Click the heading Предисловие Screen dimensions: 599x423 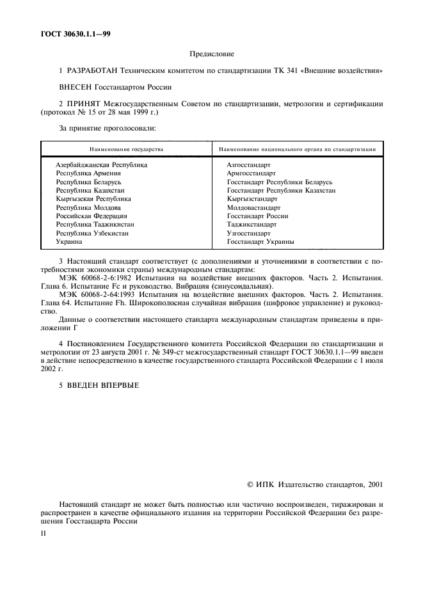click(x=211, y=54)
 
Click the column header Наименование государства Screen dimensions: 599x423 click(x=126, y=149)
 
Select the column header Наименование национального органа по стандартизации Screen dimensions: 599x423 click(x=297, y=149)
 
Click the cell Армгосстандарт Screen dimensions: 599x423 click(x=251, y=173)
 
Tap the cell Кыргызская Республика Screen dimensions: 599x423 click(x=93, y=199)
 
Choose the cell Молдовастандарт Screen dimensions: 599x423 click(x=253, y=208)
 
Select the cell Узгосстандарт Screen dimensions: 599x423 click(x=248, y=234)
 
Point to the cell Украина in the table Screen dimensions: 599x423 click(x=69, y=242)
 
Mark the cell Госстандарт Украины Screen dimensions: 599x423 click(x=260, y=242)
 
